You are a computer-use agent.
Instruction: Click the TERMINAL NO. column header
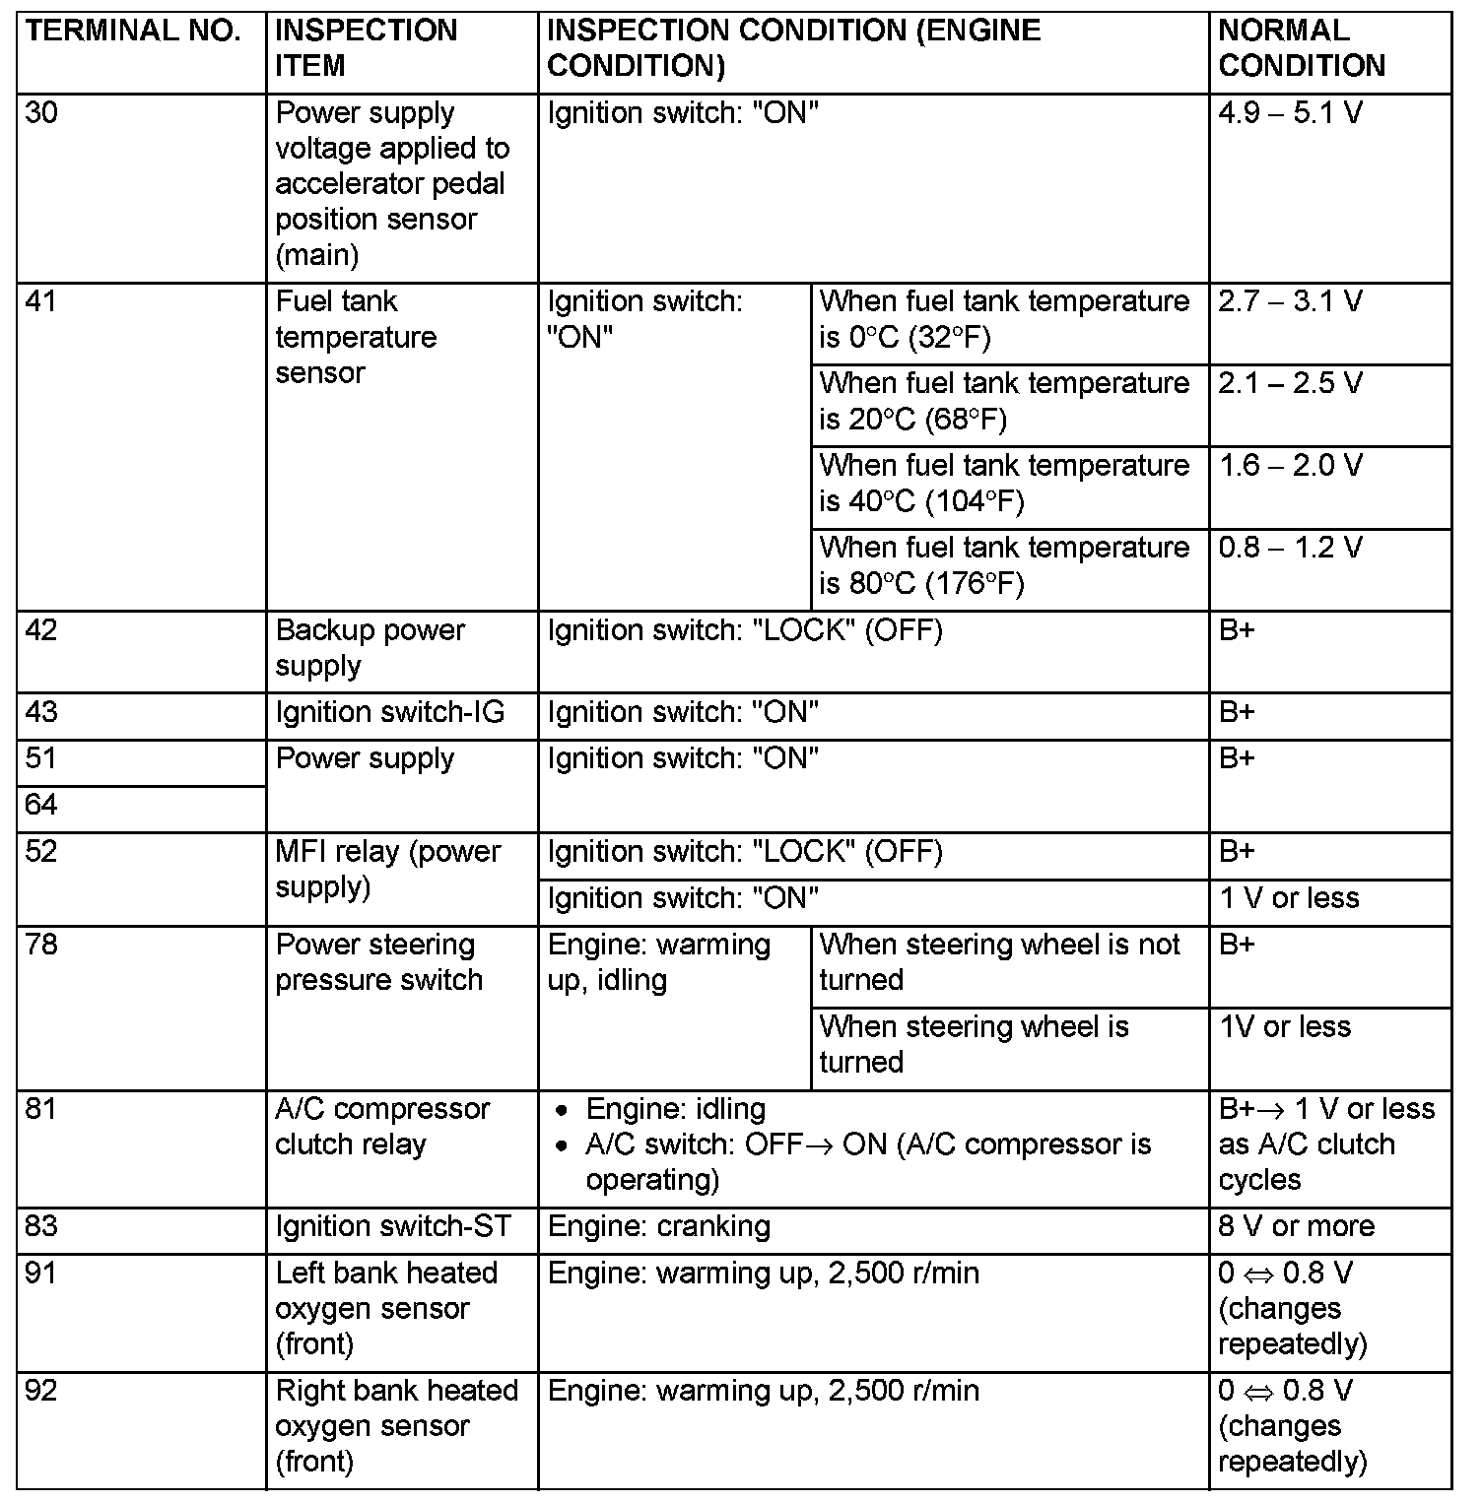(133, 31)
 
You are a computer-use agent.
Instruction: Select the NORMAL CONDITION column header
(1301, 48)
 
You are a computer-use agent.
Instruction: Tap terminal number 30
(41, 113)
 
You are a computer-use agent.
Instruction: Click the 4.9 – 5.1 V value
(1290, 113)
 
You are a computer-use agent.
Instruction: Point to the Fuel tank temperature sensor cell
(356, 337)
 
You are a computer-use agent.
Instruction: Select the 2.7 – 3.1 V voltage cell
(1290, 301)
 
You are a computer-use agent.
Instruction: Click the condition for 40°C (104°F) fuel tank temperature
(1004, 484)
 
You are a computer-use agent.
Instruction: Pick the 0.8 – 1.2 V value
(1290, 548)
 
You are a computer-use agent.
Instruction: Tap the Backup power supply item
(370, 648)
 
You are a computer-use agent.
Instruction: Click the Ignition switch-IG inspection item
(389, 712)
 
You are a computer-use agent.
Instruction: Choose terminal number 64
(41, 806)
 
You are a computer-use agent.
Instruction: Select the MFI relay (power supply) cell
(387, 869)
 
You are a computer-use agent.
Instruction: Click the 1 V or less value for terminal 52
(1288, 898)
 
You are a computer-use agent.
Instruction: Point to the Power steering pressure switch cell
(378, 962)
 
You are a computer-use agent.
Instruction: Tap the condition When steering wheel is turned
(974, 1044)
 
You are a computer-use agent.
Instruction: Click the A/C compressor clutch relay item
(381, 1127)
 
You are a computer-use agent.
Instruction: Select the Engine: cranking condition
(658, 1227)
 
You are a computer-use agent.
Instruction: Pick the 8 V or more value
(1295, 1227)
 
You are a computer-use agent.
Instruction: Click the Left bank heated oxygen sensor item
(385, 1309)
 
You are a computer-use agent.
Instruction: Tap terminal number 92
(41, 1391)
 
